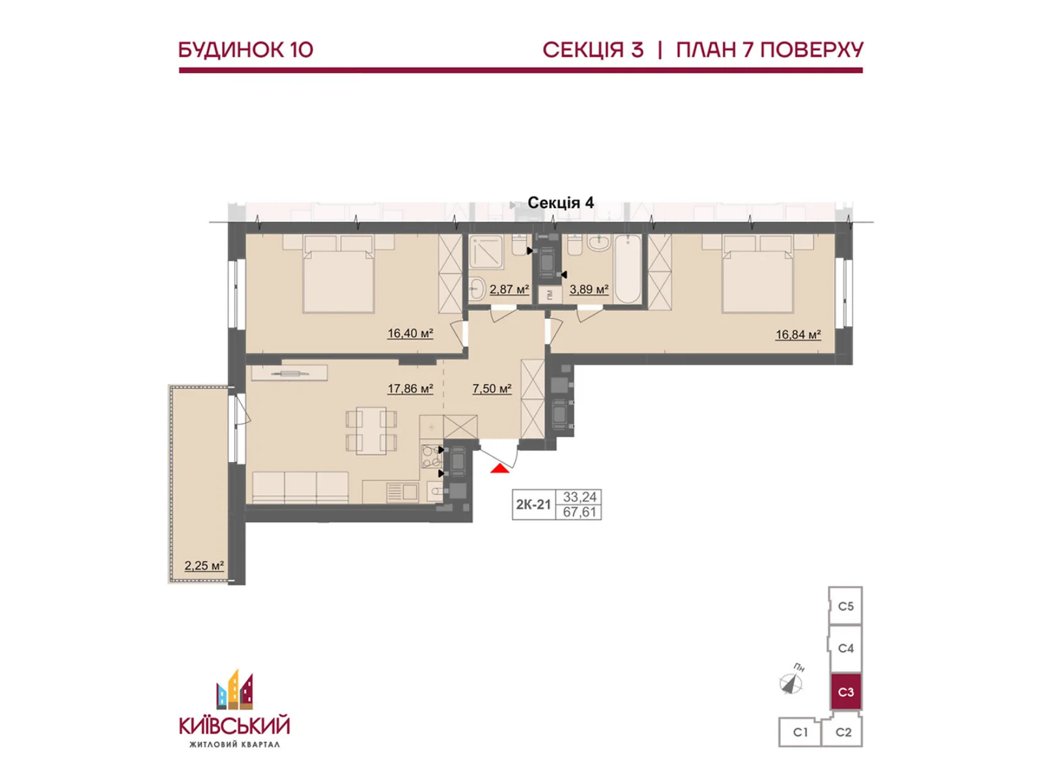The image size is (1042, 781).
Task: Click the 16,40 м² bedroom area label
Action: (x=410, y=333)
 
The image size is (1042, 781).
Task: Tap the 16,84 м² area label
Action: (x=798, y=335)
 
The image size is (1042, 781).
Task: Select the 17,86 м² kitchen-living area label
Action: (x=410, y=389)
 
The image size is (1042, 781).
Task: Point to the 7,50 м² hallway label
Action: (x=492, y=389)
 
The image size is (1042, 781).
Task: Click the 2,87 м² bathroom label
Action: (x=509, y=289)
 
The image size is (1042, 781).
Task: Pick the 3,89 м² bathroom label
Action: (x=589, y=289)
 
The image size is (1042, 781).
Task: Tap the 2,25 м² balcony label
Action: (x=204, y=566)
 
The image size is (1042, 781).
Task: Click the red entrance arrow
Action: (x=500, y=469)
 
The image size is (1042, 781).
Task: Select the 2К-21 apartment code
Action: (x=533, y=504)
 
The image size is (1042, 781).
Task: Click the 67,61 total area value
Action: (x=579, y=512)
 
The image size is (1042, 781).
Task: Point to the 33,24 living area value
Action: (x=579, y=497)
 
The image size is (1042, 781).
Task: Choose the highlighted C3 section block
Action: (x=845, y=692)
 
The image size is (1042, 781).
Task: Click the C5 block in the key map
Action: (x=845, y=606)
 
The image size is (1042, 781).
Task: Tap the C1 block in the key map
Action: (x=800, y=732)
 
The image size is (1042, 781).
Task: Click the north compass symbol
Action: (x=791, y=683)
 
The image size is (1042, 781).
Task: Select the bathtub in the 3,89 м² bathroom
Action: (x=627, y=269)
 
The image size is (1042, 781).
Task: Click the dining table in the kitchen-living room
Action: (x=371, y=431)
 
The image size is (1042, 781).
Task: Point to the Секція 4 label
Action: (x=561, y=203)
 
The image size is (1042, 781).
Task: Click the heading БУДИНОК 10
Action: (x=246, y=50)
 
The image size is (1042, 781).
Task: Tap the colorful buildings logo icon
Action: (x=234, y=690)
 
